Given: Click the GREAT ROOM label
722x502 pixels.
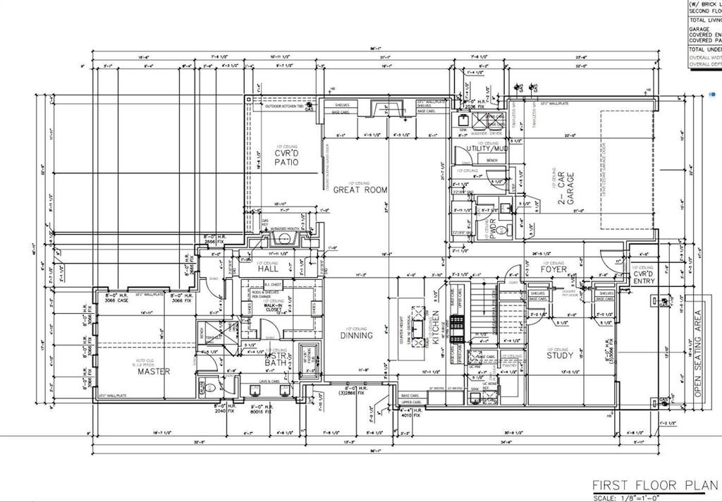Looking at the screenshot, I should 357,189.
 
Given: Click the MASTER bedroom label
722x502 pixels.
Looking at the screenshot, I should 153,371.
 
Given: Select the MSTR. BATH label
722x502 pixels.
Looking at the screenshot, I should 276,360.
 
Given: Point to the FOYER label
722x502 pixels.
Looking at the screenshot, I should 553,269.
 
